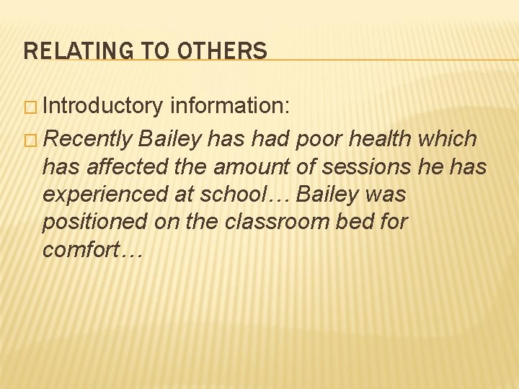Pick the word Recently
click(x=89, y=138)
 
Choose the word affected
click(x=130, y=166)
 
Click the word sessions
click(x=368, y=166)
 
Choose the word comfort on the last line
click(x=84, y=250)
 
